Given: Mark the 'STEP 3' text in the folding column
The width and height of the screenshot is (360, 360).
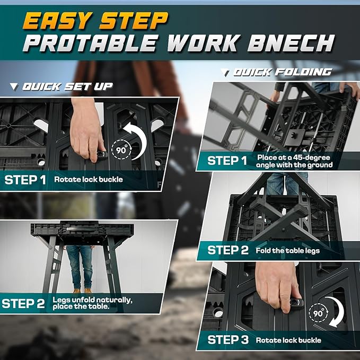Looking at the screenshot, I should pyautogui.click(x=228, y=340).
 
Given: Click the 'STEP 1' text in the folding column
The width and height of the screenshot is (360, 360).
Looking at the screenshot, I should pyautogui.click(x=228, y=161).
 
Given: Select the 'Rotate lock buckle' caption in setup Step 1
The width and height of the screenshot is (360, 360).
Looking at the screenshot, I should pyautogui.click(x=88, y=179).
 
